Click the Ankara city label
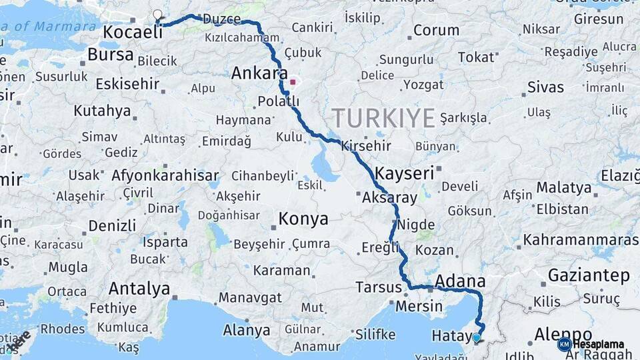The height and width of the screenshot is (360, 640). (x=259, y=73)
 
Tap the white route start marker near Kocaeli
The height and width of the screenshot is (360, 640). (x=157, y=14)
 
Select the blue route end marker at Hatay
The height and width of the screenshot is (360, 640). (x=476, y=338)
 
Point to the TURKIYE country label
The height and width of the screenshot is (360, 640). (x=383, y=118)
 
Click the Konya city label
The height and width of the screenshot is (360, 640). (x=303, y=219)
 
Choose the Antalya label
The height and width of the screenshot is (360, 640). (x=139, y=289)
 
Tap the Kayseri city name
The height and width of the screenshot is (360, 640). (x=405, y=173)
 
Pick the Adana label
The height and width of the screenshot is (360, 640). (x=459, y=281)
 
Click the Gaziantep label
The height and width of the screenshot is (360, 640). (x=589, y=275)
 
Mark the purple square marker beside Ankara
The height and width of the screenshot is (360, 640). (x=293, y=83)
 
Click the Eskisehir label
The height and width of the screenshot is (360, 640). (x=127, y=84)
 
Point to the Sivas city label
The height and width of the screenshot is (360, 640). (x=545, y=87)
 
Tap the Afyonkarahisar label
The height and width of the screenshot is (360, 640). (x=165, y=176)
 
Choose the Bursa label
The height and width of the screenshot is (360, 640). (x=111, y=55)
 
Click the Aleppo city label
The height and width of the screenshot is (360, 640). (x=563, y=333)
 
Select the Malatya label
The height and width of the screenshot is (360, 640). (x=564, y=188)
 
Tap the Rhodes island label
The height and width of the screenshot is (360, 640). (x=63, y=329)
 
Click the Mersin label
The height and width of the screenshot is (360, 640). (x=419, y=307)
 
